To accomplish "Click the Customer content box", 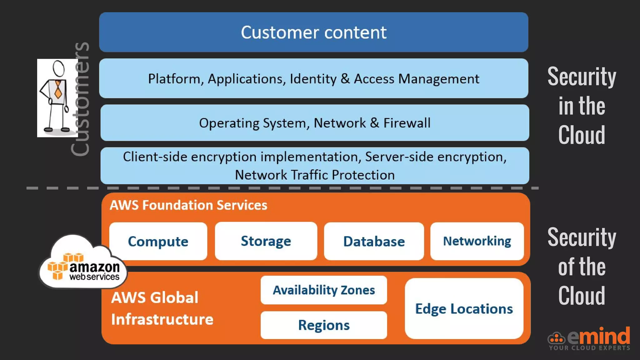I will click(313, 32).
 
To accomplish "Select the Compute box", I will click(158, 241).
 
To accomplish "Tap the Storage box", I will click(266, 241).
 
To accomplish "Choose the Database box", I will click(374, 241).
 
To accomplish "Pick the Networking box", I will click(477, 241).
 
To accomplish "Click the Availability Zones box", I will click(324, 290).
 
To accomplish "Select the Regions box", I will click(324, 325).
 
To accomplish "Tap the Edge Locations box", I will click(464, 309).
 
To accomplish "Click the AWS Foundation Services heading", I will click(188, 205).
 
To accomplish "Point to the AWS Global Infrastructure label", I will click(162, 308).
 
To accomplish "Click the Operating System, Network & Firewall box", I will click(315, 123).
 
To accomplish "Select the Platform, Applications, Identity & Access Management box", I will click(313, 78).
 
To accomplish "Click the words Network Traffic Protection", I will click(315, 175).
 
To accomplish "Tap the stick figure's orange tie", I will click(58, 90).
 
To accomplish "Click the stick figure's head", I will click(58, 68).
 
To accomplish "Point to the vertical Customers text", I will click(80, 99).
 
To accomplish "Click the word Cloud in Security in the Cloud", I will click(582, 135).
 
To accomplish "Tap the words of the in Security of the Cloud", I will click(582, 267).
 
